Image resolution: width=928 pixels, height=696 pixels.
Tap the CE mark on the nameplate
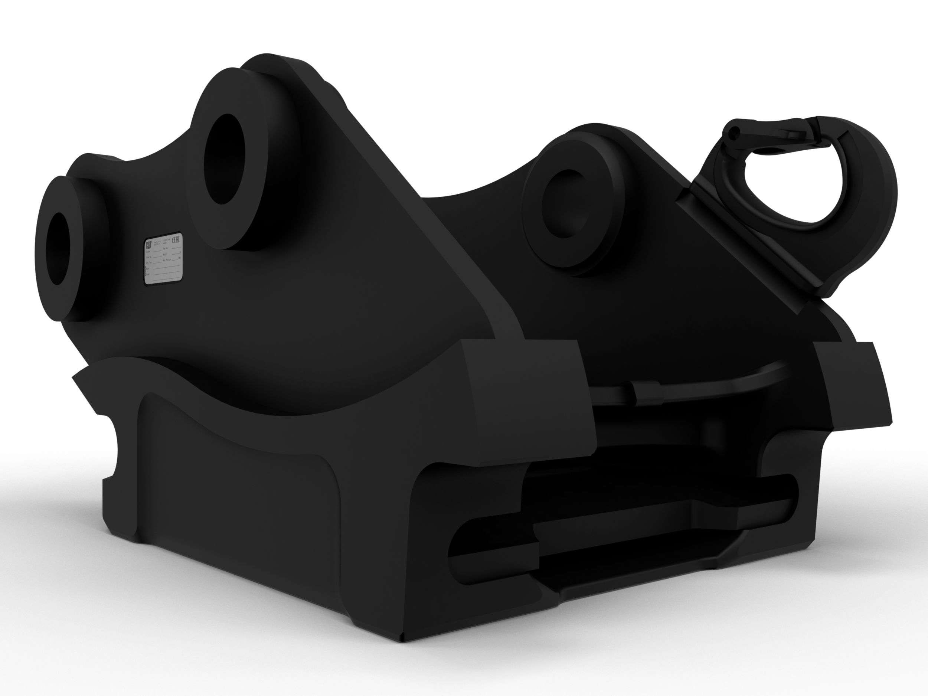coord(177,239)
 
